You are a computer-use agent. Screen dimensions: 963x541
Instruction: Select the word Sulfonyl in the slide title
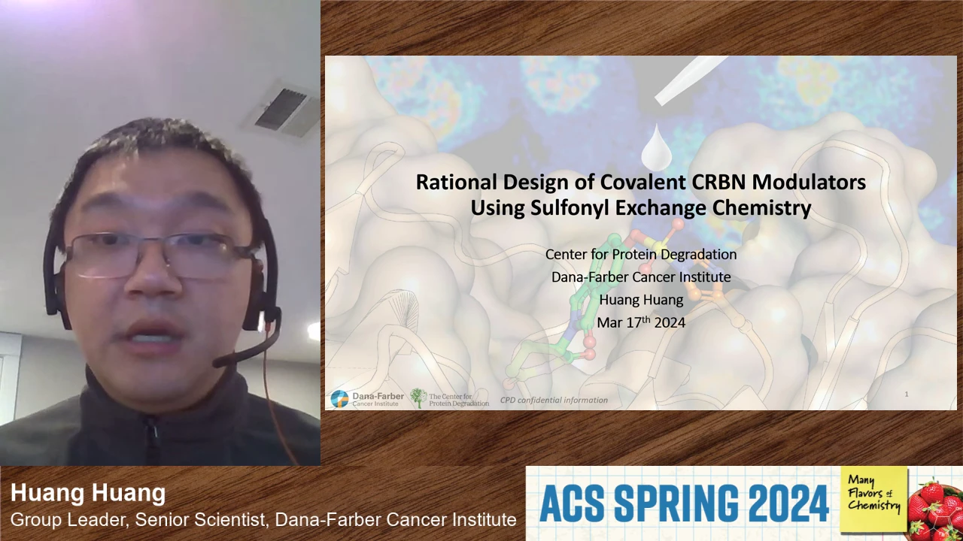coord(570,208)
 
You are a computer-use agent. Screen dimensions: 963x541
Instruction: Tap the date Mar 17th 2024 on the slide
coord(641,322)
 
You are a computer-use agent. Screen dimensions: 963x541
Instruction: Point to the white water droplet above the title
coord(657,147)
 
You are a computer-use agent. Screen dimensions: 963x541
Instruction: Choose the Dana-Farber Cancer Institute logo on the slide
coord(367,399)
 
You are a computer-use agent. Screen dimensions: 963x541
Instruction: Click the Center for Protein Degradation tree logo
coord(449,398)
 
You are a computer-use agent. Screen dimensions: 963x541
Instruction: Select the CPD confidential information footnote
coord(554,400)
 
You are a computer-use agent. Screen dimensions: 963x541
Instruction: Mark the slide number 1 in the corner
coord(907,394)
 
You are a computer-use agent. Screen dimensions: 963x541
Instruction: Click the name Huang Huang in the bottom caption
coord(88,492)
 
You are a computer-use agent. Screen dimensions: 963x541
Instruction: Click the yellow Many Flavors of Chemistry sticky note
coord(874,499)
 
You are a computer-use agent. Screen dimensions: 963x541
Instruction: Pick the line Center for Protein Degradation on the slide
coord(641,254)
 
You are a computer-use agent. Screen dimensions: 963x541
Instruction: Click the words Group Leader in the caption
coord(68,520)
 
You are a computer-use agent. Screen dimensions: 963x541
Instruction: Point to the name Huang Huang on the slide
coord(641,300)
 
